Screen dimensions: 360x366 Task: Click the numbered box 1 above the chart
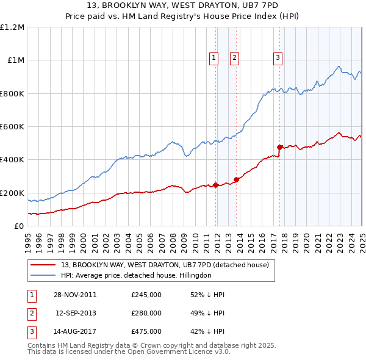[214, 58]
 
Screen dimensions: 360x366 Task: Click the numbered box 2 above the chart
[234, 58]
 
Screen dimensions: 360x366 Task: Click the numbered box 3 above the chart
[278, 58]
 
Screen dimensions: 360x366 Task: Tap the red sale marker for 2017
[279, 147]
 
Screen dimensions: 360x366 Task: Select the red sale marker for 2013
[236, 179]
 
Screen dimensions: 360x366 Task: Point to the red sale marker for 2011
[216, 185]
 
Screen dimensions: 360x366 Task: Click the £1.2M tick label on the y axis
[12, 27]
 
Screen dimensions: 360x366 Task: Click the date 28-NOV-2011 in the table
[75, 295]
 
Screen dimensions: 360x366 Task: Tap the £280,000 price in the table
[146, 313]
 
